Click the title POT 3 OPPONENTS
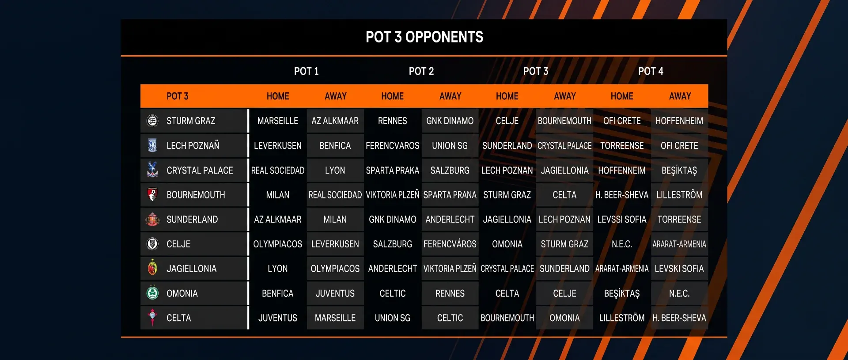424,37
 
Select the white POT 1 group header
306,71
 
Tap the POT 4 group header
651,71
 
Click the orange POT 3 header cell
177,96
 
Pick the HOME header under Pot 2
392,96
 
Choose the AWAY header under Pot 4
680,96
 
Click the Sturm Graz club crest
152,121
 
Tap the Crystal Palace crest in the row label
152,170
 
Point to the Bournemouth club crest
152,194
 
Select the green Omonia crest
152,292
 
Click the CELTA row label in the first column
178,318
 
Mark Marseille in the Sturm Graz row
277,121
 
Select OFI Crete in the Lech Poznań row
679,146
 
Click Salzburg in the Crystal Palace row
450,171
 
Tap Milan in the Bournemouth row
277,195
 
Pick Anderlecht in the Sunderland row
450,220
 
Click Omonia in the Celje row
507,244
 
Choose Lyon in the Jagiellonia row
277,269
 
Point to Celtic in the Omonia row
392,293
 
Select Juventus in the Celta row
277,318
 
